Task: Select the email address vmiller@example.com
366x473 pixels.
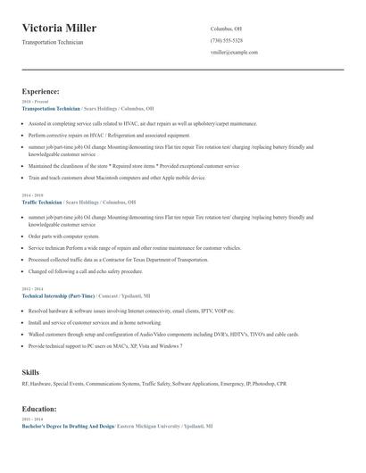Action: coord(234,52)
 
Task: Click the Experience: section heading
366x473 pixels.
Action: coord(40,91)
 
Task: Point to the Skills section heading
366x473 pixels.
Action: coord(30,370)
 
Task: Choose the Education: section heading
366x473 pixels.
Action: coord(40,409)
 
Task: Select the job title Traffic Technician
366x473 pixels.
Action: coord(42,202)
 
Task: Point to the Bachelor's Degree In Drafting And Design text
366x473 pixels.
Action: coord(68,427)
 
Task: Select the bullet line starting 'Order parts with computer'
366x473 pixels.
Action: coord(64,236)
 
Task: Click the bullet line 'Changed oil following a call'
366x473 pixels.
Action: coord(86,270)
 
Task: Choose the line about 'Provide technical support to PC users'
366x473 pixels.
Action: coord(105,345)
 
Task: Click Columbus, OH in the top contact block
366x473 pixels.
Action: coord(228,29)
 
